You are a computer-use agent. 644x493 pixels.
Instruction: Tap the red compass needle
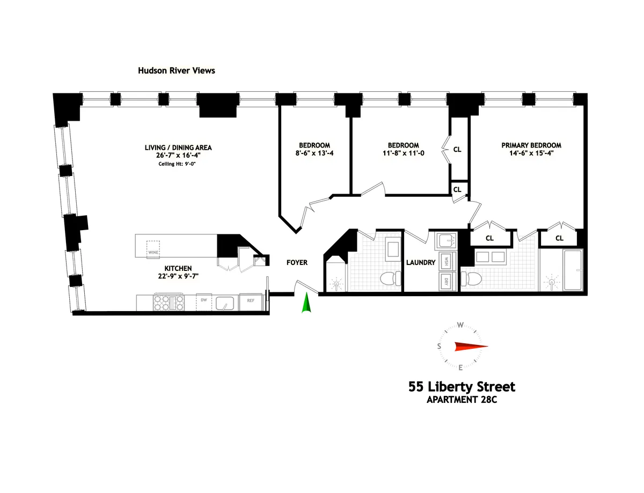point(471,347)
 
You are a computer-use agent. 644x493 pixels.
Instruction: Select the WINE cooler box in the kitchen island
point(153,248)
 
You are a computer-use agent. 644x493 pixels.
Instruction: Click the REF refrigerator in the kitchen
point(250,301)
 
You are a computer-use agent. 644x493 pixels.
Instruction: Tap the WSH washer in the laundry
point(445,261)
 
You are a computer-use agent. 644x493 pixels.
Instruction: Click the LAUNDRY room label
point(420,263)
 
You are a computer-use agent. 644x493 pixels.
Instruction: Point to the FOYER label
point(297,262)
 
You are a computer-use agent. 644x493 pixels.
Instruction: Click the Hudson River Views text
point(177,70)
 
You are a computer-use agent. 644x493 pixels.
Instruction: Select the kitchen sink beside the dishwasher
point(225,302)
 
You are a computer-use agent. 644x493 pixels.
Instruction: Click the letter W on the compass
point(460,325)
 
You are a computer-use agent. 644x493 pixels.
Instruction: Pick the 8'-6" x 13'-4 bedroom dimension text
point(314,153)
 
